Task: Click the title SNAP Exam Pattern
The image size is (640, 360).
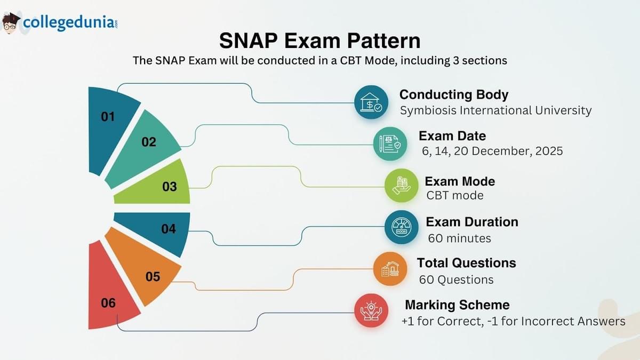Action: click(319, 41)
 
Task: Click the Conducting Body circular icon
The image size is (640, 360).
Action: click(371, 102)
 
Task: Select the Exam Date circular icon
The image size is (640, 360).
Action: click(390, 143)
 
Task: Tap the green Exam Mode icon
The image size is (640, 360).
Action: click(401, 185)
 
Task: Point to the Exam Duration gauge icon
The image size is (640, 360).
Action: click(401, 227)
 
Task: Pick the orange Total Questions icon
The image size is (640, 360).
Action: click(390, 269)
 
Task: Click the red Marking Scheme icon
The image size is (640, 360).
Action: click(371, 310)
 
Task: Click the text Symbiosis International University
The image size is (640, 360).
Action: click(495, 110)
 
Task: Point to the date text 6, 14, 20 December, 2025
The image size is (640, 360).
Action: click(491, 151)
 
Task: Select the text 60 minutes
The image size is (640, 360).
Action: click(459, 238)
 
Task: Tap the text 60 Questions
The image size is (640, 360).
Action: click(456, 279)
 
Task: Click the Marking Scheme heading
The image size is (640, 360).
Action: click(457, 305)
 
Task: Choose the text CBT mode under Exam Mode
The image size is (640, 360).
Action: click(455, 195)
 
